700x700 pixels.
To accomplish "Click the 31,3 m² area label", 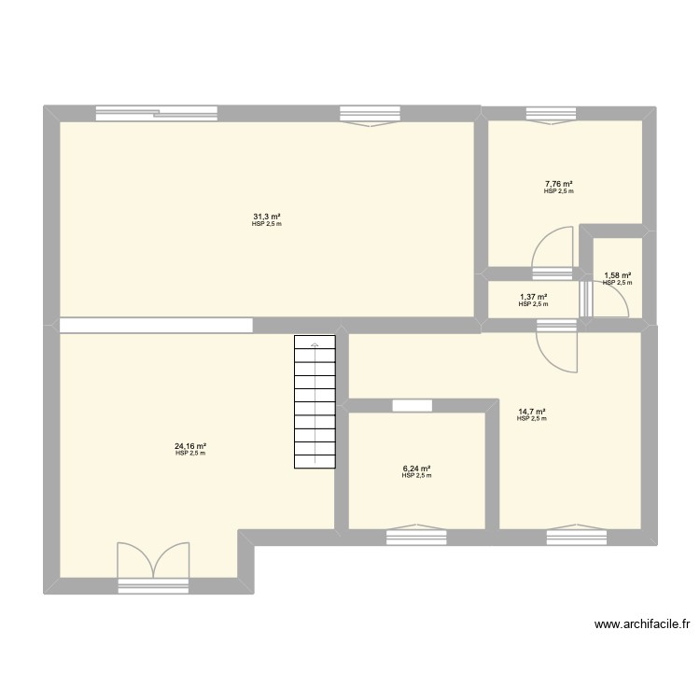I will tap(266, 217).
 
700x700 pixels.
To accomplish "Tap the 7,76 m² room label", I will tap(559, 185).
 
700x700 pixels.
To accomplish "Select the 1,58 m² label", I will tap(617, 275).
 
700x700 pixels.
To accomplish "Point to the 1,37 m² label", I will tap(533, 297).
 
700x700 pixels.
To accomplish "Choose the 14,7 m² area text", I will tap(531, 412).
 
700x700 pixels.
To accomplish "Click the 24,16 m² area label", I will tap(189, 446).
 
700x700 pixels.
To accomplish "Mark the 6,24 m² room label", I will tap(416, 469).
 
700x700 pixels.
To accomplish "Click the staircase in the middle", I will tap(315, 403).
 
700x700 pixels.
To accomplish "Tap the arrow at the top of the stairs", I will tap(315, 344).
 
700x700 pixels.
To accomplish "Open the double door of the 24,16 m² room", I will tap(153, 564).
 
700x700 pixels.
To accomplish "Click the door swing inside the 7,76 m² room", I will tap(551, 251).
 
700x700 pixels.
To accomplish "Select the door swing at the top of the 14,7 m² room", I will tap(557, 347).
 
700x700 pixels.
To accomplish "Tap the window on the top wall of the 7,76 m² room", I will tap(552, 114).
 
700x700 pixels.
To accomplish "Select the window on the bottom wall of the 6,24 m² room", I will tap(416, 536).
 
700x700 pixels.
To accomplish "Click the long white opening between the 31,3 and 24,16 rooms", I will tap(156, 326).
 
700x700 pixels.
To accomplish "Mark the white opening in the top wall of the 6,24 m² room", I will tap(412, 406).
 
